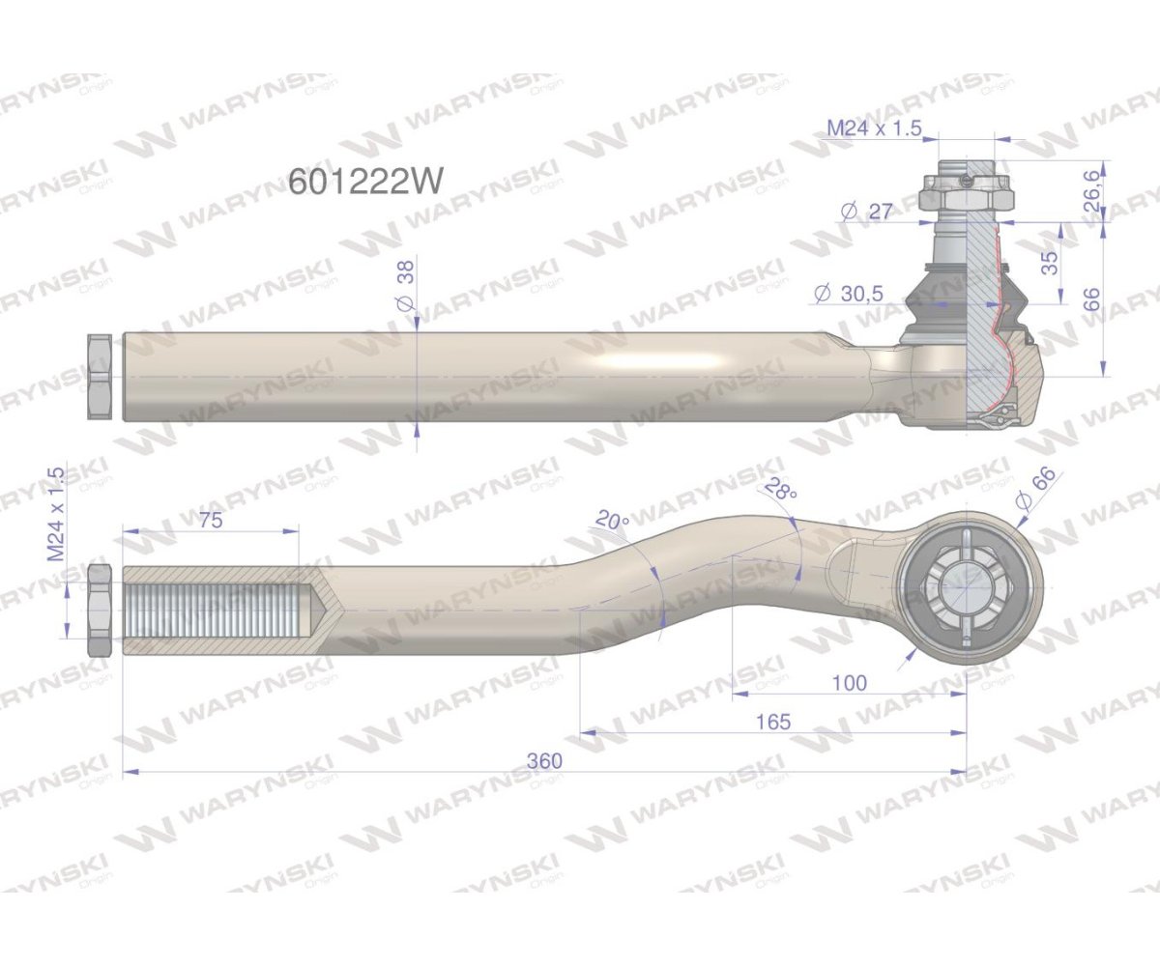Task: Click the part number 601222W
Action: (366, 182)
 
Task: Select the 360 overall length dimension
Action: (544, 761)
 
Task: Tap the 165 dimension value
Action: (774, 722)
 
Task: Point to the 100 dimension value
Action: (849, 683)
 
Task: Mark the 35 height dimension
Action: (1050, 262)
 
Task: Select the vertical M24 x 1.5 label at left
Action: (55, 515)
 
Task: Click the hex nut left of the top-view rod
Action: (100, 377)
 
